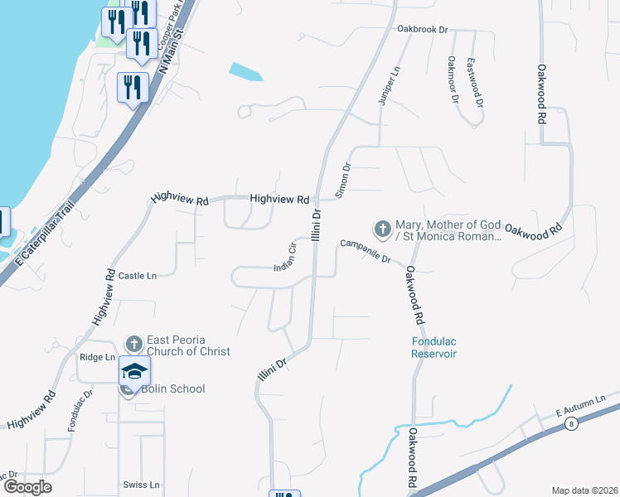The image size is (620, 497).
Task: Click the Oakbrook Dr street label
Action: click(422, 29)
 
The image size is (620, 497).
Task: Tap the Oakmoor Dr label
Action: click(453, 80)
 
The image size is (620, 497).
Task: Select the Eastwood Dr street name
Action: click(475, 83)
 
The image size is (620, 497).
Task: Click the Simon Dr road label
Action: click(343, 180)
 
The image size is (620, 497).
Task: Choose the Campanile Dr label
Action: click(365, 251)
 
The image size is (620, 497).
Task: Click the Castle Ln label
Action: click(138, 275)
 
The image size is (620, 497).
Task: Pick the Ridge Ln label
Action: click(97, 357)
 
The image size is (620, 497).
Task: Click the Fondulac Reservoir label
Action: click(434, 347)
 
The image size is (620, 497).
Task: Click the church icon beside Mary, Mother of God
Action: click(382, 228)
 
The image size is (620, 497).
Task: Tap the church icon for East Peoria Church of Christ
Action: click(134, 343)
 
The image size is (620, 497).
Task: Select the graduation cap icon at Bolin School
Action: click(134, 370)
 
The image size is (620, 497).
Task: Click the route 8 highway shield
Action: click(570, 424)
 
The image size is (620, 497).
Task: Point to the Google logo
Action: click(27, 486)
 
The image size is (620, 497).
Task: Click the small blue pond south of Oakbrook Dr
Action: click(246, 72)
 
